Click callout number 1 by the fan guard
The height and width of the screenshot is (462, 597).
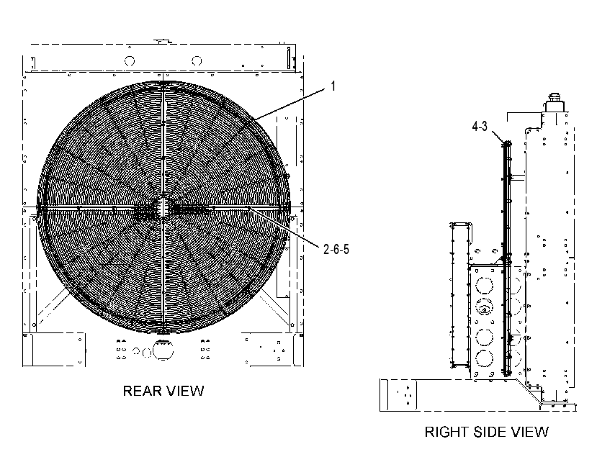point(333,86)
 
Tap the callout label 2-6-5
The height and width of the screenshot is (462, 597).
point(336,249)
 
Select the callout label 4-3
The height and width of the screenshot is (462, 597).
point(480,126)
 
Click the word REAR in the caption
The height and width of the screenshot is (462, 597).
point(140,391)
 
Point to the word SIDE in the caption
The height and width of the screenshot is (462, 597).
point(489,432)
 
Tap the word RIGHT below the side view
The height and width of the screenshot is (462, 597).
point(446,432)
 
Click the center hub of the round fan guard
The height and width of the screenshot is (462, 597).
point(163,207)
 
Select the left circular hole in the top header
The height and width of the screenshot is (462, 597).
point(130,60)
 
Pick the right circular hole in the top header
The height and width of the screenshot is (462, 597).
point(197,60)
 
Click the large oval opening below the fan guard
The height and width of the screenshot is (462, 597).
point(163,350)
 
